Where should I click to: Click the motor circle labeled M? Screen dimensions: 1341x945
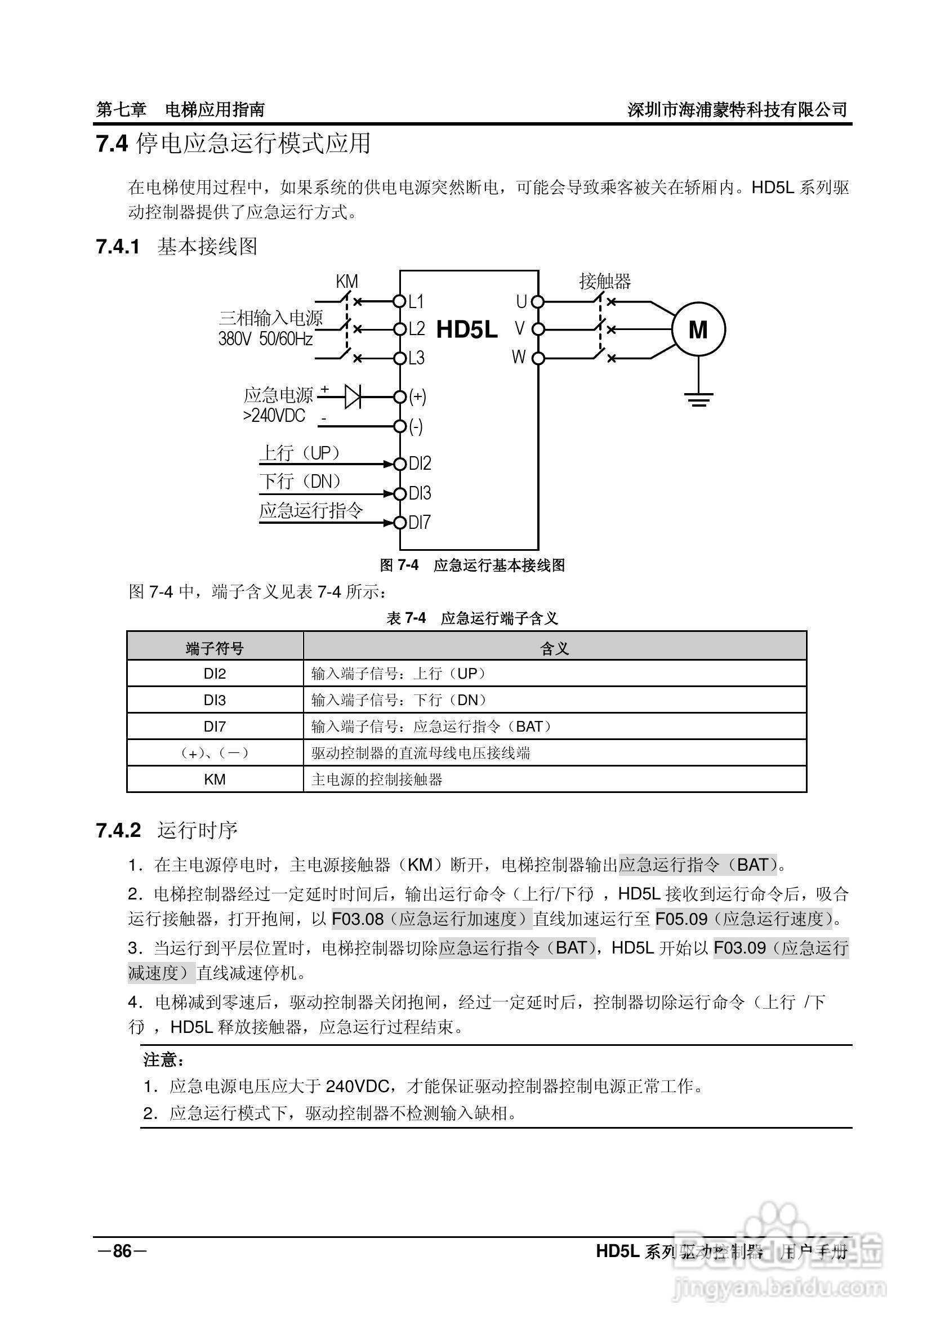point(698,329)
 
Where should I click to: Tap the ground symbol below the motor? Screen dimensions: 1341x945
point(698,399)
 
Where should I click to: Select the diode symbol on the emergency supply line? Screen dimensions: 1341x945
point(353,396)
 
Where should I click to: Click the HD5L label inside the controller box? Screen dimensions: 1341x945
point(467,330)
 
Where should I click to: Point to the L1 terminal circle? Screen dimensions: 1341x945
point(399,301)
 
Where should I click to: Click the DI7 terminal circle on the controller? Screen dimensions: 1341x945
point(399,522)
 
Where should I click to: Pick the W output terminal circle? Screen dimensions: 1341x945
point(538,358)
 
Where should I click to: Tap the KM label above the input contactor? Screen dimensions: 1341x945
point(346,282)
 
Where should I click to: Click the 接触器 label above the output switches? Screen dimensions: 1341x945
point(605,282)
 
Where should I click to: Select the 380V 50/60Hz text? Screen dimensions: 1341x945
point(266,338)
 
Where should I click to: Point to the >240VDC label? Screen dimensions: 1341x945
point(274,416)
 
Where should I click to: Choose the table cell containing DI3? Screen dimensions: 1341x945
point(215,700)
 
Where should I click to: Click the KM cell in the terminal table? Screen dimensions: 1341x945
point(215,779)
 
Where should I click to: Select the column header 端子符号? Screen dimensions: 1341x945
point(215,648)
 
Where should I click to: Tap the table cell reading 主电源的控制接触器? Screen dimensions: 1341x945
point(377,779)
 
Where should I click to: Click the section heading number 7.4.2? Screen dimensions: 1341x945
point(119,830)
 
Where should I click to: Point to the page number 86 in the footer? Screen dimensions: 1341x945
point(122,1251)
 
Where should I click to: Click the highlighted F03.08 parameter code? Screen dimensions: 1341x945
point(358,919)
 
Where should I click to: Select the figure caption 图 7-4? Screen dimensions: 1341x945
point(399,565)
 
